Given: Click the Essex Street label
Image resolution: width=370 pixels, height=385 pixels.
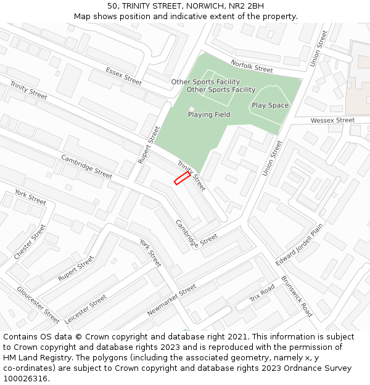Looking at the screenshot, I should (123, 76).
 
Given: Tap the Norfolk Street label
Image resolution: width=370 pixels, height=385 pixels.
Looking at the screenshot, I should (252, 66).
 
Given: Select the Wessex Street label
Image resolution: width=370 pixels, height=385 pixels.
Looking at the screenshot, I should (332, 120).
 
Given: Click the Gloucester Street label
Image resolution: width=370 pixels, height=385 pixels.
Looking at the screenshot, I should (38, 304).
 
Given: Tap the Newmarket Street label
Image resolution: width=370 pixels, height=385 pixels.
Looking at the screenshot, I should (171, 300).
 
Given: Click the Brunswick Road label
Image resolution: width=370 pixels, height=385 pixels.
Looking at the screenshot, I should (297, 296).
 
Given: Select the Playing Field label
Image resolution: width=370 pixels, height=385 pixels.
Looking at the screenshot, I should (209, 115).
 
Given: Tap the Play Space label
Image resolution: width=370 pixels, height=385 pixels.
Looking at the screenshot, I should (270, 105).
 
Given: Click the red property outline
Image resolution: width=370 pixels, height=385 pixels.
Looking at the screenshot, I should (181, 178).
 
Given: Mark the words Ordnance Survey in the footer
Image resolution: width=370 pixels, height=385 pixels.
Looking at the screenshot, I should (321, 368).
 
